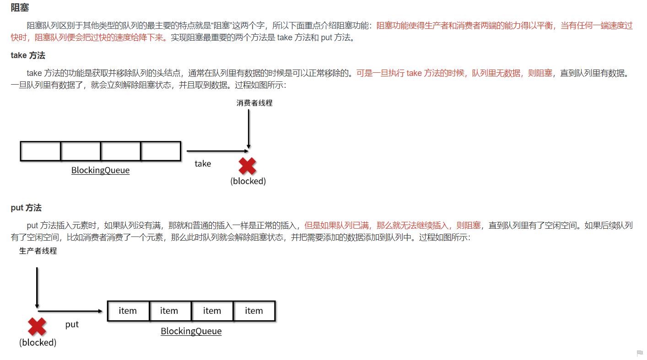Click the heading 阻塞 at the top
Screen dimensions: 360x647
point(20,8)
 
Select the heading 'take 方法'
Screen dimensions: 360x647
point(28,55)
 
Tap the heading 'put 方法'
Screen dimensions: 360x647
point(26,208)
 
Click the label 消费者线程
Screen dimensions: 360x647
point(254,103)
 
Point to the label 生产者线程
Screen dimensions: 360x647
point(38,251)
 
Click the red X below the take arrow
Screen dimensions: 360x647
point(248,166)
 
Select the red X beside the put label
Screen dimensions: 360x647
point(37,327)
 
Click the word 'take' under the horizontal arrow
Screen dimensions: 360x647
point(203,163)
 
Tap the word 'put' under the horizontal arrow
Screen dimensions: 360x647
point(72,324)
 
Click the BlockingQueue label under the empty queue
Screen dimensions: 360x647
point(100,170)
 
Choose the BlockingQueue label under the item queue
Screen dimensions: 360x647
point(191,331)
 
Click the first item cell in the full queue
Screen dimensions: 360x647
point(128,311)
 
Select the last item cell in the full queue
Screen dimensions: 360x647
point(254,311)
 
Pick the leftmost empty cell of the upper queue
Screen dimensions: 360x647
point(40,151)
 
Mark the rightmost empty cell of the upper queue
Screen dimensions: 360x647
point(161,151)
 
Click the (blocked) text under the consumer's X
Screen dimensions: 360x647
point(248,181)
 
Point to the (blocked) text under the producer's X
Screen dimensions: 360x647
point(38,342)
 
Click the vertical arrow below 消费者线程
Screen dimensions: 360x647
point(248,128)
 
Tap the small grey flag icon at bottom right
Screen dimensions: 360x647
point(640,353)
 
